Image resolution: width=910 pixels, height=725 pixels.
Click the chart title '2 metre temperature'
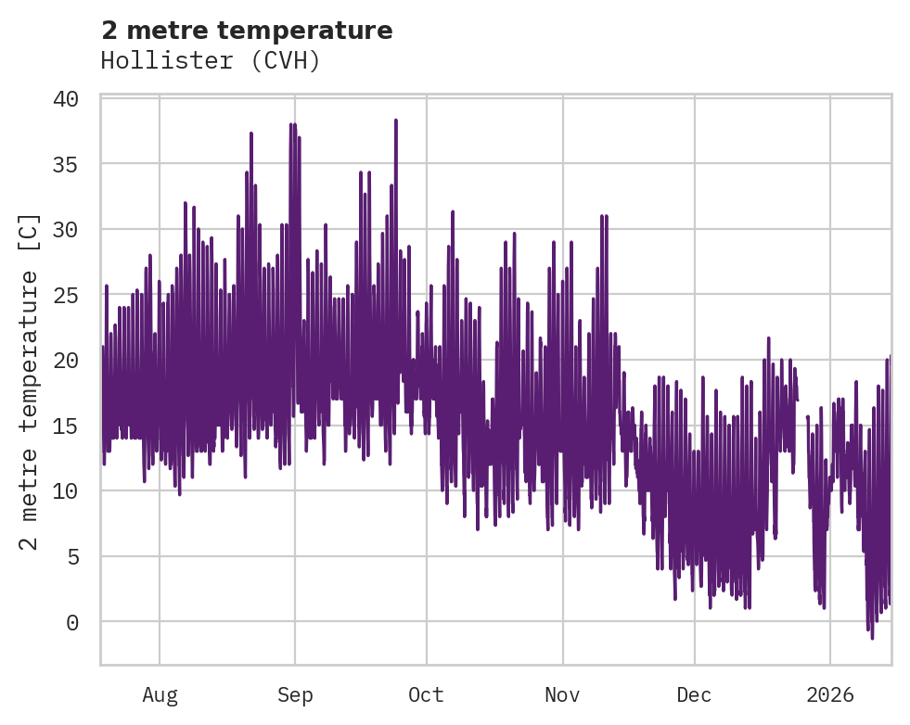click(x=247, y=31)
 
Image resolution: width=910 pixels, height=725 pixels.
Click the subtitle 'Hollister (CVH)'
click(x=211, y=61)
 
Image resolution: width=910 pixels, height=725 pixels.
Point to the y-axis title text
click(x=30, y=381)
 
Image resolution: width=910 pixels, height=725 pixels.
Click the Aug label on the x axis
click(x=160, y=694)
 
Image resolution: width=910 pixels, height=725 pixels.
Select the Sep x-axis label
click(x=295, y=694)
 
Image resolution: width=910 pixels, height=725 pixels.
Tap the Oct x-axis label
click(x=427, y=694)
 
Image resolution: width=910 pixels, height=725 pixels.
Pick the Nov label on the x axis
click(x=562, y=694)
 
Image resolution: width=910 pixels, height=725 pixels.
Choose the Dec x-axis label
click(x=694, y=694)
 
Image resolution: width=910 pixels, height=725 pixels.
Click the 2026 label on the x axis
click(x=829, y=694)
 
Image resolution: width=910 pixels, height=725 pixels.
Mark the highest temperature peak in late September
click(x=395, y=121)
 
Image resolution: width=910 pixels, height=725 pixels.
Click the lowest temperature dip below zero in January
click(x=872, y=637)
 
